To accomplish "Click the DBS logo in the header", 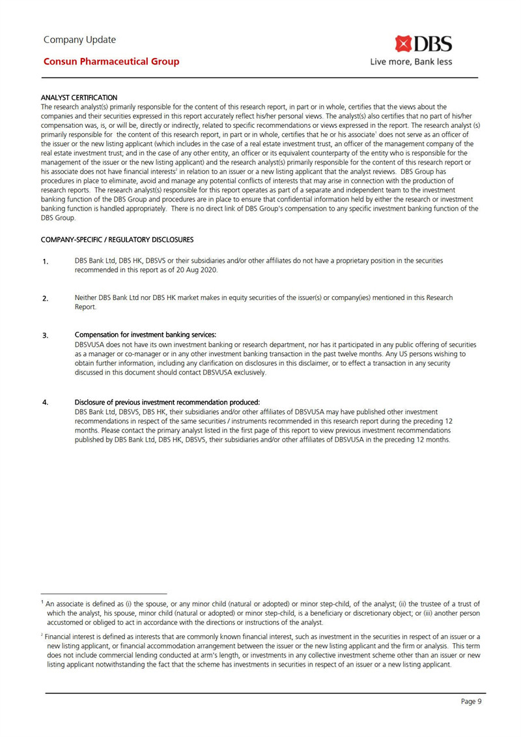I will pyautogui.click(x=423, y=44).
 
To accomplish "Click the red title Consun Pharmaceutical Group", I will pyautogui.click(x=111, y=62).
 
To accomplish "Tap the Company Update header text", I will pyautogui.click(x=79, y=40).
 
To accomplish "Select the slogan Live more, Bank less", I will pyautogui.click(x=411, y=63).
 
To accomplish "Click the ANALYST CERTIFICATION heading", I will pyautogui.click(x=79, y=97).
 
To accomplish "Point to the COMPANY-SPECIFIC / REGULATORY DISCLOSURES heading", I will pyautogui.click(x=117, y=239).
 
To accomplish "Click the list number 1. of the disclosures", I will pyautogui.click(x=46, y=262).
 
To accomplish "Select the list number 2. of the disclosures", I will pyautogui.click(x=46, y=299).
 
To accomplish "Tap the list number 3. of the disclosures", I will pyautogui.click(x=46, y=336).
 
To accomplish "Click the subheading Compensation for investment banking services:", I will pyautogui.click(x=145, y=335).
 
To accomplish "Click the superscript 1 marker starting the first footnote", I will pyautogui.click(x=42, y=603).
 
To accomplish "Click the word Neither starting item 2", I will pyautogui.click(x=87, y=298).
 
